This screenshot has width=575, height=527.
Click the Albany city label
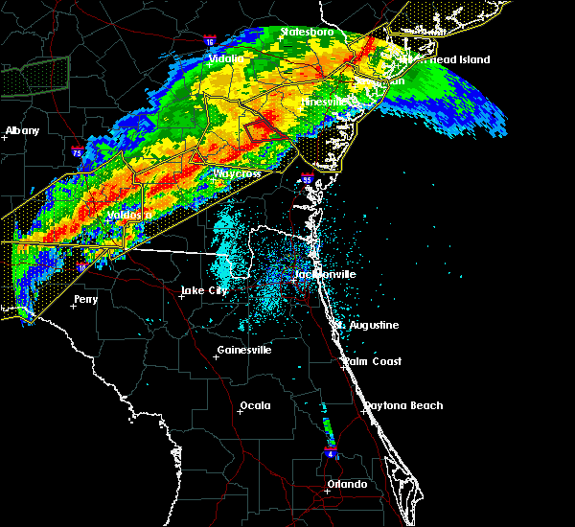click(23, 130)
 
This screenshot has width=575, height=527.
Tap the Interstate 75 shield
click(77, 151)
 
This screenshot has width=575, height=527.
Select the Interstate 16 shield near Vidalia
click(210, 41)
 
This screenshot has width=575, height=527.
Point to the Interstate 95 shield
click(307, 178)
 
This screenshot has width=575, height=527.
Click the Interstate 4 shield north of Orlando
click(330, 450)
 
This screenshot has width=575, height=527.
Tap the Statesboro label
click(307, 33)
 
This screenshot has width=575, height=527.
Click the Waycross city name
click(237, 173)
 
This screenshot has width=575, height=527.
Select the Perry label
click(85, 299)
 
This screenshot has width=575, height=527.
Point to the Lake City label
click(206, 290)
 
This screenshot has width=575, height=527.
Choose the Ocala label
click(255, 405)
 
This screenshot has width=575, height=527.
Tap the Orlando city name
click(347, 484)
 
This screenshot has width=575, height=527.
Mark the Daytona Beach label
click(402, 405)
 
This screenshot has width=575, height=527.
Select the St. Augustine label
click(367, 325)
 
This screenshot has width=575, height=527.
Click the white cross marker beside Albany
click(5, 137)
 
